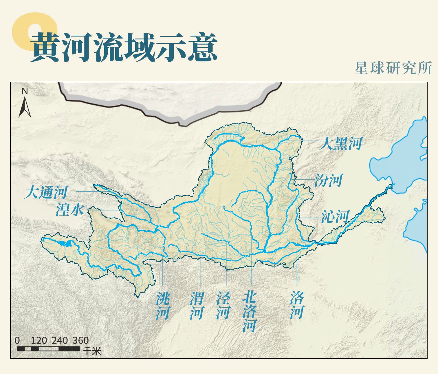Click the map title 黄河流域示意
[x=124, y=47]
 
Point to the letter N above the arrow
[x=25, y=91]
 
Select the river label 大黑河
[x=340, y=144]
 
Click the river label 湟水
[x=69, y=210]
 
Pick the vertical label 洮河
[x=162, y=305]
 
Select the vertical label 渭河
[x=197, y=305]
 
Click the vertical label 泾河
[x=223, y=305]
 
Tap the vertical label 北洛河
[x=249, y=311]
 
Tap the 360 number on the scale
[x=80, y=340]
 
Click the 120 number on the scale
[x=39, y=340]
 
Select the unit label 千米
[x=92, y=351]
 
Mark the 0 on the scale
[x=17, y=340]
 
